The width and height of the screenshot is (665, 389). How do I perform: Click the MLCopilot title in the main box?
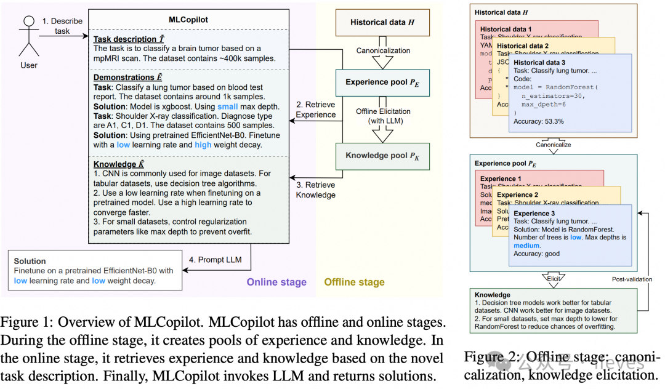point(188,20)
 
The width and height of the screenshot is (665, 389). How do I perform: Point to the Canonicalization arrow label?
point(383,51)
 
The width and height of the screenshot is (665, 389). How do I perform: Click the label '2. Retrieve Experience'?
point(316,109)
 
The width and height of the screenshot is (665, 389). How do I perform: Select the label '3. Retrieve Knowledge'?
point(316,190)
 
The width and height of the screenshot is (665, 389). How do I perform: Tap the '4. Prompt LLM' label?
point(216,259)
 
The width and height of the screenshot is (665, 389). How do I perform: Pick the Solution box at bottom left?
point(95,271)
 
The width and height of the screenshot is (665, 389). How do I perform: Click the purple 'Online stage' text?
point(276,282)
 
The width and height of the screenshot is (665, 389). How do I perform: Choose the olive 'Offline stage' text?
point(354,282)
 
